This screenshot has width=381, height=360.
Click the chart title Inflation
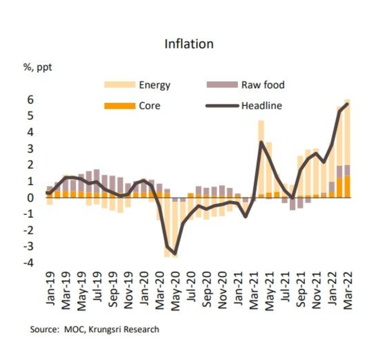189,44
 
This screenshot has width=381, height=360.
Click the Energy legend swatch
120,85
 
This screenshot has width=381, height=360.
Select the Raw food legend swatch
222,85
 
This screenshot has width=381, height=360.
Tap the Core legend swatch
120,106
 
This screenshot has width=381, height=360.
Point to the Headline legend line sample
222,106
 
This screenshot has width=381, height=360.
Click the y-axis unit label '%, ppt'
38,67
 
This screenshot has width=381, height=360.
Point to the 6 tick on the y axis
31,100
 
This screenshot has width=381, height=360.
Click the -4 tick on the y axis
29,263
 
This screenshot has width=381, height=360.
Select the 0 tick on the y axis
31,198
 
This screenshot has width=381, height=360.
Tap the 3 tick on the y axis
31,149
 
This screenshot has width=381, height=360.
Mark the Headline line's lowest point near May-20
175,253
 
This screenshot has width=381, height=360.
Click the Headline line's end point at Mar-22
347,104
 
